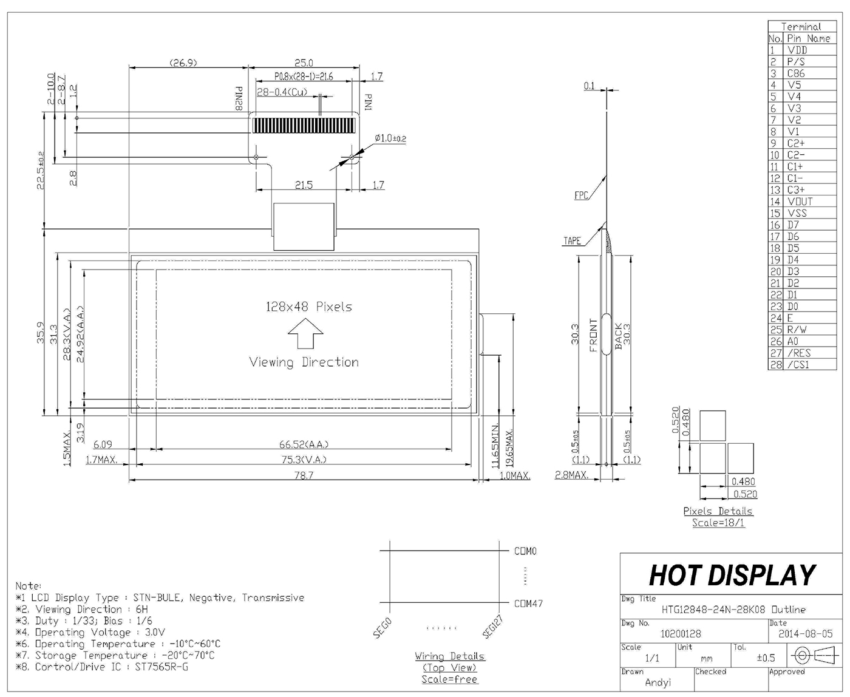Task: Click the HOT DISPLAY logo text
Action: [732, 575]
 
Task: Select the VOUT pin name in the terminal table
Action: [800, 202]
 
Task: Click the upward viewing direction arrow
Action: [305, 333]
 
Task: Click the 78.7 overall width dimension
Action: [304, 475]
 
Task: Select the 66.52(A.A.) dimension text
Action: [304, 444]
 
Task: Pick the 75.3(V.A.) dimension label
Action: [304, 460]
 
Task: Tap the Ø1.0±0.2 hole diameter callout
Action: [390, 138]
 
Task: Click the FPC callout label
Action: [581, 195]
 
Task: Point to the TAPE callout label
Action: [572, 241]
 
